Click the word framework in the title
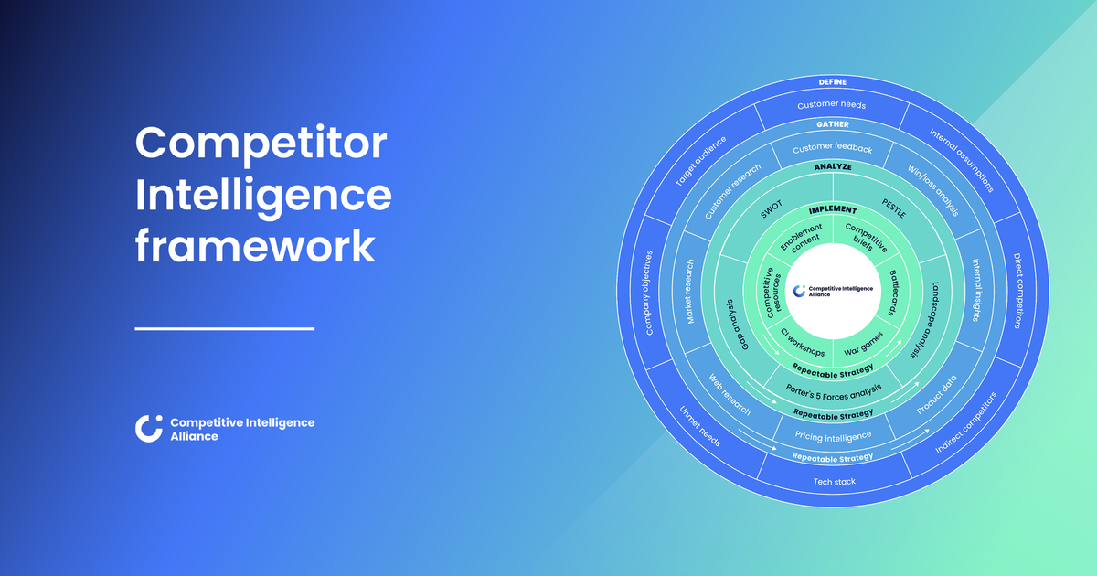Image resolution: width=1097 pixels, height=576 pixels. [x=255, y=246]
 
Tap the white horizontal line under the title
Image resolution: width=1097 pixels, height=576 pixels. [x=224, y=328]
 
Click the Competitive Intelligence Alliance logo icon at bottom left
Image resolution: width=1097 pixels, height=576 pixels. [x=148, y=429]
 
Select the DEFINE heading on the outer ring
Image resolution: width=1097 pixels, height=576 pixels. [x=833, y=82]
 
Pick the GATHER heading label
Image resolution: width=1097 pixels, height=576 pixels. [x=833, y=123]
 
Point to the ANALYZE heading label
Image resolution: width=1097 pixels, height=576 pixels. [x=833, y=167]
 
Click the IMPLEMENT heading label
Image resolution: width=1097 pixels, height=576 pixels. [x=833, y=210]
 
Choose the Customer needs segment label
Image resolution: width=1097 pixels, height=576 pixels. [x=832, y=104]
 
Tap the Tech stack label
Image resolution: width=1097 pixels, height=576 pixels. [x=834, y=481]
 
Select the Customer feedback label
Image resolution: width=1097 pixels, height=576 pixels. [x=832, y=148]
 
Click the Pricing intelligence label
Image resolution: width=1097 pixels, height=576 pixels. [x=834, y=436]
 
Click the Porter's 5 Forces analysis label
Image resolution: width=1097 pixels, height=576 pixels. [x=834, y=390]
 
